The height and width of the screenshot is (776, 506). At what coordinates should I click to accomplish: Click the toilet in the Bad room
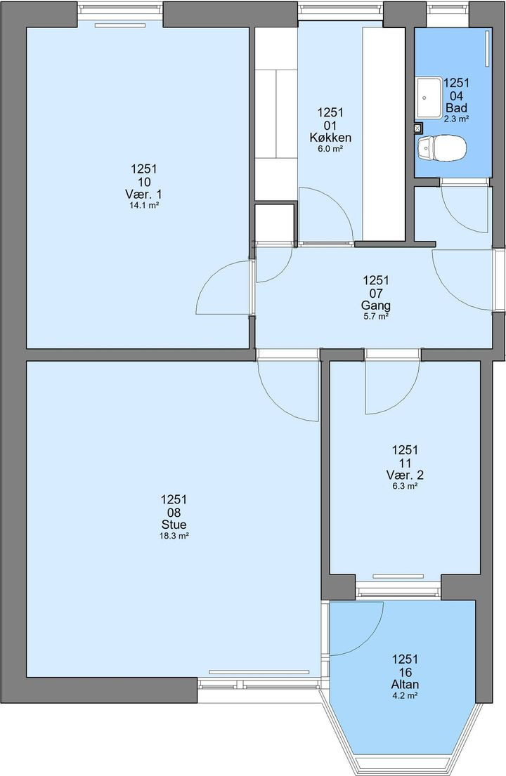pos(442,148)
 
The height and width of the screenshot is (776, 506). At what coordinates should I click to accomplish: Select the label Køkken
pos(330,138)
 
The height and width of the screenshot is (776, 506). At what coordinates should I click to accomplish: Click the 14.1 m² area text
pos(144,205)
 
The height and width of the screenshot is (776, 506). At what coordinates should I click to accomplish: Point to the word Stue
pos(174,525)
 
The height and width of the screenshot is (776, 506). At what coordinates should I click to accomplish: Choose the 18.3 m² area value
pos(174,536)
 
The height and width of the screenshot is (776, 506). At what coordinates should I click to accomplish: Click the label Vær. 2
pos(405,475)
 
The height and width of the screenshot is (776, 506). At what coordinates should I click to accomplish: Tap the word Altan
pos(405,685)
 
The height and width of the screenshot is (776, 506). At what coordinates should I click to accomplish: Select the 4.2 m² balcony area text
pos(405,696)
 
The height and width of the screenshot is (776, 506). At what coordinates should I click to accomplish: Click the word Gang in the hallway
pos(376,305)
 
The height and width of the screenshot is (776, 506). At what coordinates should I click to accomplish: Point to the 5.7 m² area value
pos(376,317)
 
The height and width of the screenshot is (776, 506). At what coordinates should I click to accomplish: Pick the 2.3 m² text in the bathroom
pos(457,119)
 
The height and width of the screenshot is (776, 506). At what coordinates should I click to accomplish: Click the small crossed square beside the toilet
pos(417,129)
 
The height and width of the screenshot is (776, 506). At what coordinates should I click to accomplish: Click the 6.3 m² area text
pos(405,486)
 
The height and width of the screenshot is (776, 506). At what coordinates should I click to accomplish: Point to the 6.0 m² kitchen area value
pos(330,148)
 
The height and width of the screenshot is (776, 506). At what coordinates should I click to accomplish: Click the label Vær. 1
pos(144,194)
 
